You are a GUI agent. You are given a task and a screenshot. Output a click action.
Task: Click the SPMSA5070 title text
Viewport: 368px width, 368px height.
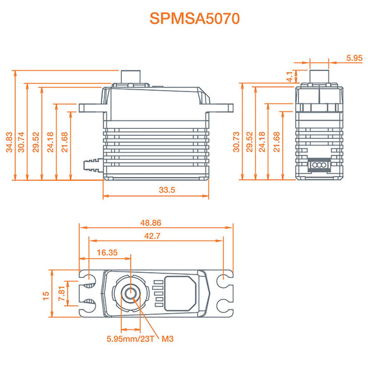point(195,18)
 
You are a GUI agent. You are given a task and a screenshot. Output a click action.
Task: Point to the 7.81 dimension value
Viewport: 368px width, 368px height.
point(62,292)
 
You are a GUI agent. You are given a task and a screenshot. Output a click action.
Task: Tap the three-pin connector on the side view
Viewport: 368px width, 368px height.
point(318,165)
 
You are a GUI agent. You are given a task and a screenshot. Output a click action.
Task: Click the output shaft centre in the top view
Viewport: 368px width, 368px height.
point(131,293)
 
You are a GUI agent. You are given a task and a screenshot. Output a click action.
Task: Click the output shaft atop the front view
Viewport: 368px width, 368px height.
point(131,75)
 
